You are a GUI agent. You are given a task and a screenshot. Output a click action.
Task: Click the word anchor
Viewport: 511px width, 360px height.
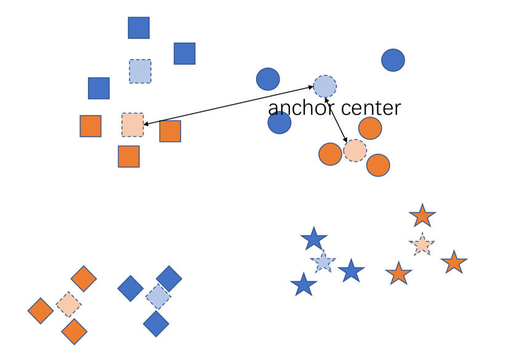301,108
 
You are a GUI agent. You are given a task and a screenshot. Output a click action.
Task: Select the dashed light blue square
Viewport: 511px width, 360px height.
140,71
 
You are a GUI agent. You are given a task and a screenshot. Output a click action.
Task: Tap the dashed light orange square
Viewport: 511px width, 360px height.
132,124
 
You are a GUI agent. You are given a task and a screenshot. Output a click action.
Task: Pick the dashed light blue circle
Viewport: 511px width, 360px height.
325,87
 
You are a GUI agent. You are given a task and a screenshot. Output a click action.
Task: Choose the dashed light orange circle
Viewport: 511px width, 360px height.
355,150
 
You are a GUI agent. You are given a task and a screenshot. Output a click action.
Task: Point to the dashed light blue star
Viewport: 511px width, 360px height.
323,262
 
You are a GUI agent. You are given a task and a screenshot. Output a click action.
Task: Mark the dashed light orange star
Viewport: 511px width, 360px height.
422,245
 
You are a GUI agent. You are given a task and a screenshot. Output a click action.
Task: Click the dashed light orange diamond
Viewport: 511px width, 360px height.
68,304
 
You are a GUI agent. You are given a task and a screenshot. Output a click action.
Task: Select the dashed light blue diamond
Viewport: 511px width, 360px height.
158,297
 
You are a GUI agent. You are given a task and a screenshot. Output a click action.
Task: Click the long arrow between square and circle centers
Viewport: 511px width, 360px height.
228,106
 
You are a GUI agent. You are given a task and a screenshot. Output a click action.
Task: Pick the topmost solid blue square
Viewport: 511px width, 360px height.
139,28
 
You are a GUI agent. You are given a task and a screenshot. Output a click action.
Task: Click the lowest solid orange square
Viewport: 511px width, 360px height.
129,156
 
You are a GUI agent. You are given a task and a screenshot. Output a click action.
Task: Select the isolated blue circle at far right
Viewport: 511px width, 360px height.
393,60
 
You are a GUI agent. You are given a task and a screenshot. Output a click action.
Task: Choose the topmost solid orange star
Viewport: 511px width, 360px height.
422,216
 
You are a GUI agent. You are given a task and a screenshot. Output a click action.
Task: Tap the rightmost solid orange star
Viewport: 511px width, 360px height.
454,263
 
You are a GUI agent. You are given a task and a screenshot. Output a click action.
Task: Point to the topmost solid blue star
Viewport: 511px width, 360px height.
314,239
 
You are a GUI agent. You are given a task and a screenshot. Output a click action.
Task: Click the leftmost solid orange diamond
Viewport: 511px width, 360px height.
41,311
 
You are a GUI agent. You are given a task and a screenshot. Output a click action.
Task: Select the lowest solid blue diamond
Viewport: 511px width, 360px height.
156,324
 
